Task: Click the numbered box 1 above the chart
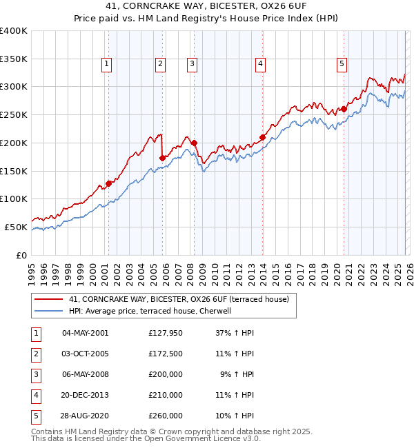(108, 65)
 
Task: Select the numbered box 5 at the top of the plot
(342, 65)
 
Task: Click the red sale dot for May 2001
(108, 183)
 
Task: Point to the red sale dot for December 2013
(263, 137)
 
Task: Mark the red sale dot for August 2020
(344, 109)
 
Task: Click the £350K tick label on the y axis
(14, 59)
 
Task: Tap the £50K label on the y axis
(16, 227)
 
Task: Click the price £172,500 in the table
(166, 354)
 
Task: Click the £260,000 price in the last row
(166, 416)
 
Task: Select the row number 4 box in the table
(34, 395)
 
